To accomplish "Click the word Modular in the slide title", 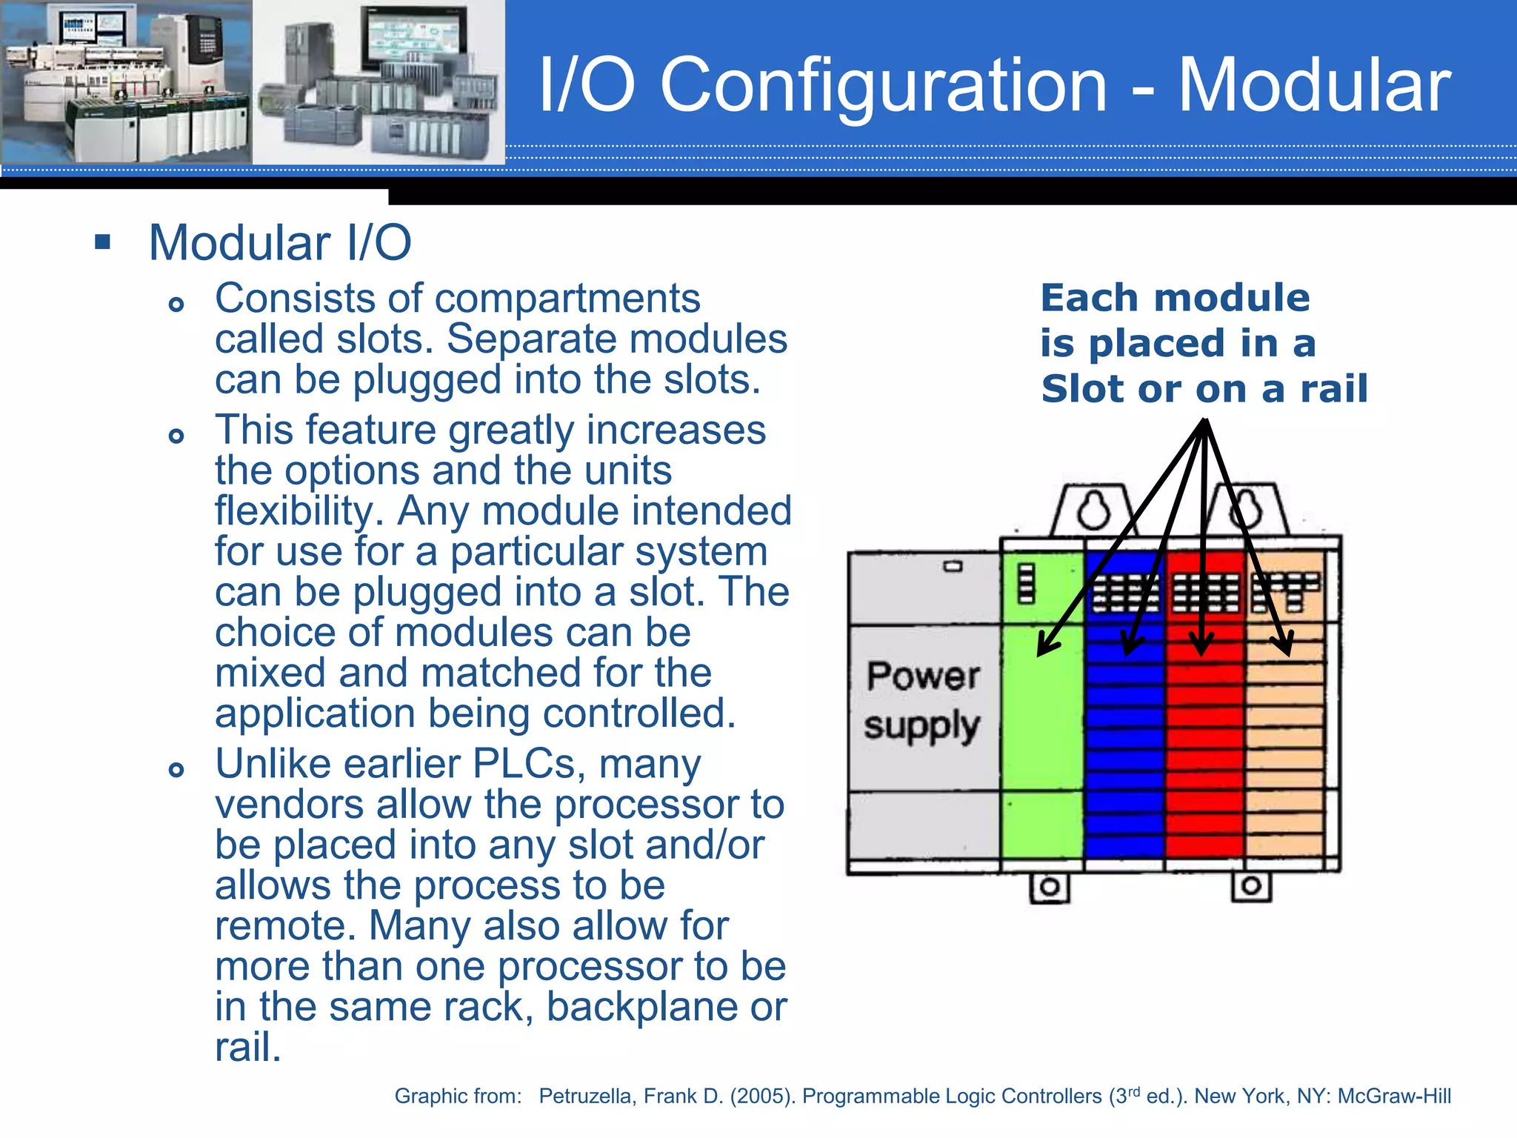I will (x=1314, y=86).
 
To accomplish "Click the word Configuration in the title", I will (x=883, y=87).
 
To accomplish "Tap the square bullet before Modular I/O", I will (x=103, y=242).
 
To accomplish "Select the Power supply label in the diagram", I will (x=923, y=700).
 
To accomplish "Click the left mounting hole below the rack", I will (x=1050, y=887).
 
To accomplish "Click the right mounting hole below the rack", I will (x=1252, y=885).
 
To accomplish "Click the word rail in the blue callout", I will (x=1335, y=388).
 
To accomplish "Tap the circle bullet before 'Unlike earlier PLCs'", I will (x=176, y=769).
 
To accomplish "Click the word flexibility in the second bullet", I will (x=298, y=511).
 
